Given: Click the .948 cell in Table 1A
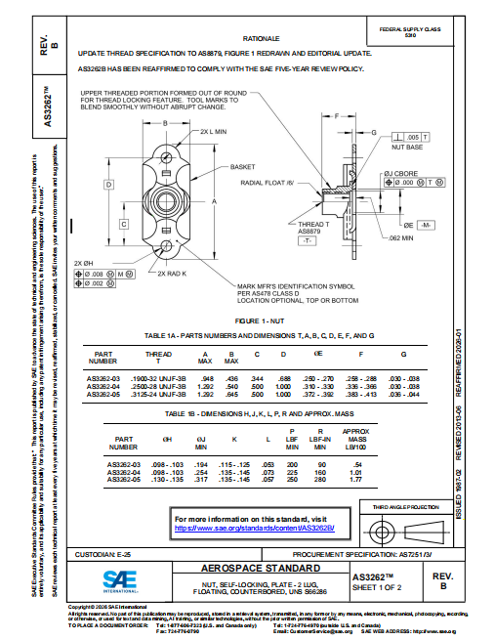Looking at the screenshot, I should (206, 377).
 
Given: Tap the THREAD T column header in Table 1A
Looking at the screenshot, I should (157, 358).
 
